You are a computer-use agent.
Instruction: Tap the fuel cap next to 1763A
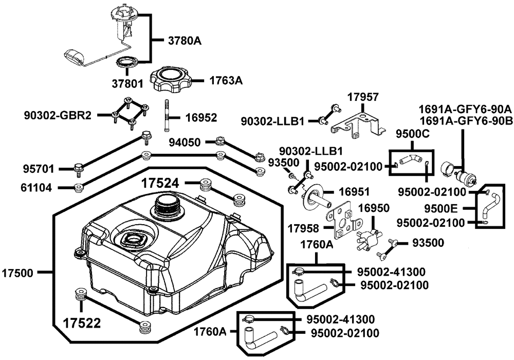170,80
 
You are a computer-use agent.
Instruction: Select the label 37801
127,82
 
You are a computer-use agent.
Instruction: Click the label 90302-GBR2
58,115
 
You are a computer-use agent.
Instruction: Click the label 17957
363,97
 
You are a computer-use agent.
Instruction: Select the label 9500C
412,135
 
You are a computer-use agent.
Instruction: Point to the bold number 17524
160,183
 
